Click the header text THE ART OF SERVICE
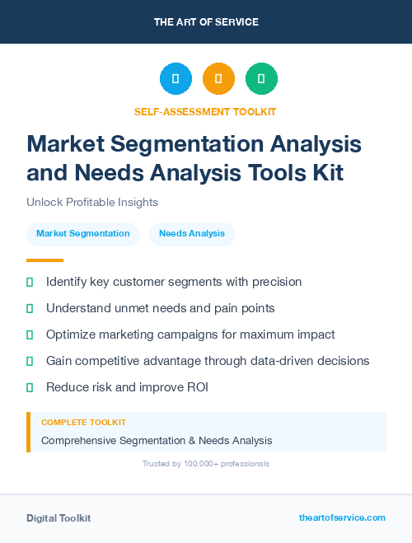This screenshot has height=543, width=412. point(206,22)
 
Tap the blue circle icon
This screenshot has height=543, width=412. point(176,79)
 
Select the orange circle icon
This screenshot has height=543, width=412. point(218,79)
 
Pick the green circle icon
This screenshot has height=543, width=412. point(261,79)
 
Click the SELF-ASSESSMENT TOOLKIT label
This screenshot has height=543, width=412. point(205,111)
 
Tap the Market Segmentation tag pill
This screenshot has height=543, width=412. point(82,233)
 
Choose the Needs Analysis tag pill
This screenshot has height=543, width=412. point(192,233)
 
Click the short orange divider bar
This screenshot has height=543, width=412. point(39,260)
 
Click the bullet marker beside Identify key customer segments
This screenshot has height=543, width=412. point(30,282)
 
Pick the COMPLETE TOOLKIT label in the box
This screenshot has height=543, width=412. point(78,423)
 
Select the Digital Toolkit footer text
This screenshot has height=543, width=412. point(59,517)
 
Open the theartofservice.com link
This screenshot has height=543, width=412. point(342,517)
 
